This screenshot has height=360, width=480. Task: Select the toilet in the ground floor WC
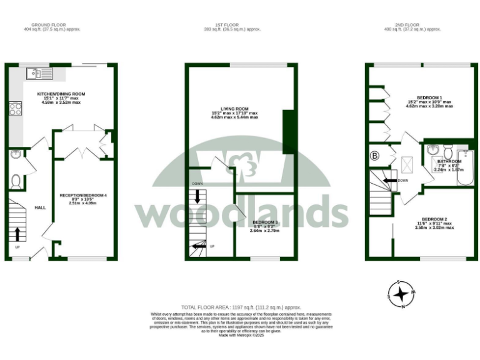[16, 180]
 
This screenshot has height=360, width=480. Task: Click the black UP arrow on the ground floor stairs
[17, 234]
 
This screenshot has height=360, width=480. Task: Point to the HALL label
[40, 207]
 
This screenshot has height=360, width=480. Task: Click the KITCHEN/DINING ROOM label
[61, 94]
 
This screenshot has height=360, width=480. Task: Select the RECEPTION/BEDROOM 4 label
[83, 196]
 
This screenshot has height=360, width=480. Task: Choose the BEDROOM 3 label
[265, 222]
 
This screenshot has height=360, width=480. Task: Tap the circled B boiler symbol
[375, 156]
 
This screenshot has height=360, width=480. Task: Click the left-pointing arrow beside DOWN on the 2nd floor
[389, 180]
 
